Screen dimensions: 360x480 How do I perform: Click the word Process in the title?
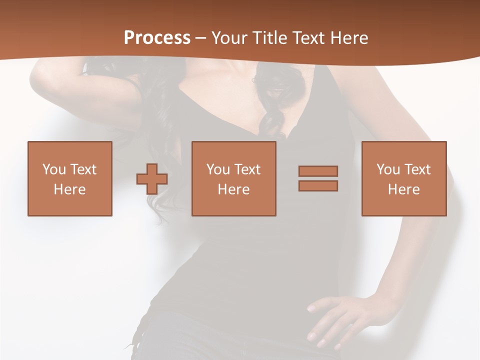point(157,38)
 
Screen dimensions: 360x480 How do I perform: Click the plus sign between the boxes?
point(152,179)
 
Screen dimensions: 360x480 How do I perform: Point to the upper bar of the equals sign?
point(318,171)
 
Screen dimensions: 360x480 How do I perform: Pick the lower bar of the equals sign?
point(318,185)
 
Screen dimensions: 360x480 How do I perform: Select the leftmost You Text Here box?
point(70,179)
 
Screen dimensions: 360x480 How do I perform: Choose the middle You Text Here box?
point(233,179)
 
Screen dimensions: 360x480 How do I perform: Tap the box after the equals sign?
point(404,179)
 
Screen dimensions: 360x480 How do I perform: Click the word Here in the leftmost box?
point(70,189)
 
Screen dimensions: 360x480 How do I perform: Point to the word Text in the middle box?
point(246,169)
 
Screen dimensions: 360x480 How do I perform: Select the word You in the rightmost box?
point(388,169)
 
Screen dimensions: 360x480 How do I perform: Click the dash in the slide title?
point(200,38)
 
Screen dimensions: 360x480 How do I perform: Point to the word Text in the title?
point(309,38)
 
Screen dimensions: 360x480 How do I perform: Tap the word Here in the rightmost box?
point(404,189)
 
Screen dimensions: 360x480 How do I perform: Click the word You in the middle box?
point(218,169)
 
